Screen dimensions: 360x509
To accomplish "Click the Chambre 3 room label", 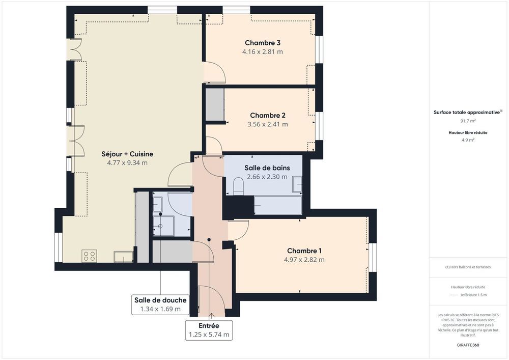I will [263, 43].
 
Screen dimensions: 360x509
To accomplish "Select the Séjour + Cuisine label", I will [127, 154].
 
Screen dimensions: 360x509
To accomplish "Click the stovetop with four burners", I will [90, 256].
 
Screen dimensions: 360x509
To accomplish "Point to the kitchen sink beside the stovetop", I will [123, 256].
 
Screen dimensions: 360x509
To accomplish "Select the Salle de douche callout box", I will [160, 304].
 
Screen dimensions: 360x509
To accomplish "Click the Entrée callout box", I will [209, 330].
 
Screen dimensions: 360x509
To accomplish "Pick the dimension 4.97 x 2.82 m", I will [304, 260].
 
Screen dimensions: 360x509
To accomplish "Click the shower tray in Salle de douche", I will [163, 226].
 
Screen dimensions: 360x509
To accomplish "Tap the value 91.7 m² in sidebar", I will [468, 121].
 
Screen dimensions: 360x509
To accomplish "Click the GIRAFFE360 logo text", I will [468, 345].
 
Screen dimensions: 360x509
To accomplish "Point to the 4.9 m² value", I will [468, 140].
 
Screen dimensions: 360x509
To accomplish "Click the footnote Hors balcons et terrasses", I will [468, 267].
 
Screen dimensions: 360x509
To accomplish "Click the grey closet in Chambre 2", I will [215, 104].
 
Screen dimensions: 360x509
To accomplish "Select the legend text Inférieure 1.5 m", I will [473, 295].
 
